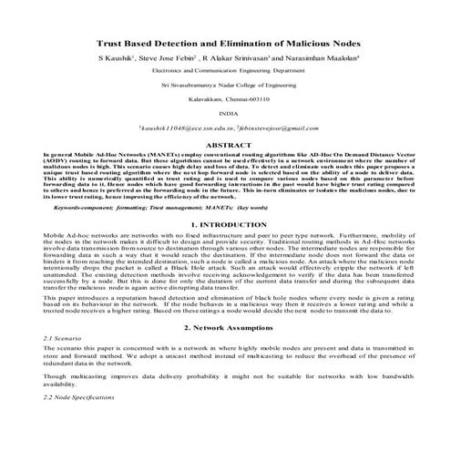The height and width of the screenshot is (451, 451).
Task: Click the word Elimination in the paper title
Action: coord(246,42)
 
